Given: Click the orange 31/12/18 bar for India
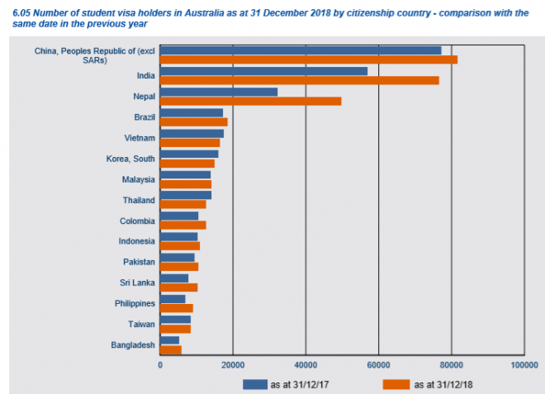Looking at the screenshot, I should coord(299,80).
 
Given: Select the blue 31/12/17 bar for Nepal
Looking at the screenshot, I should coord(219,92).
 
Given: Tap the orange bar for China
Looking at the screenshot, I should coord(308,59).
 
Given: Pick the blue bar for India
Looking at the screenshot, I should coord(263,71).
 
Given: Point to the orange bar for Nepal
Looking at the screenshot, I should coord(250,101).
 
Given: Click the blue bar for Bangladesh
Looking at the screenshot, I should coord(169,340).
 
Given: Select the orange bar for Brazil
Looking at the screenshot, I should coord(193,121).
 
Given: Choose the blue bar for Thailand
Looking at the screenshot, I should coord(186,195).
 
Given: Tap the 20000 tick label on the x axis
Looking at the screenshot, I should coord(233,363).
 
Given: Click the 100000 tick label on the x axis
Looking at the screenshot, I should coord(524,363).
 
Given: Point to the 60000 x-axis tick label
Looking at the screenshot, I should coord(378,363).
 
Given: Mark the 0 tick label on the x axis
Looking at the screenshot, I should coord(160,363).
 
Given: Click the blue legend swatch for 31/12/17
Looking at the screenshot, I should coord(254,383).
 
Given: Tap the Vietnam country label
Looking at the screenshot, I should coord(137,137).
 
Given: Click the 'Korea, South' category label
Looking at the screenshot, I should coord(130,158).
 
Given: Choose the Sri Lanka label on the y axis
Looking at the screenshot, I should coord(135,282).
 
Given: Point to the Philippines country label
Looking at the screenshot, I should coord(134,303).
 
